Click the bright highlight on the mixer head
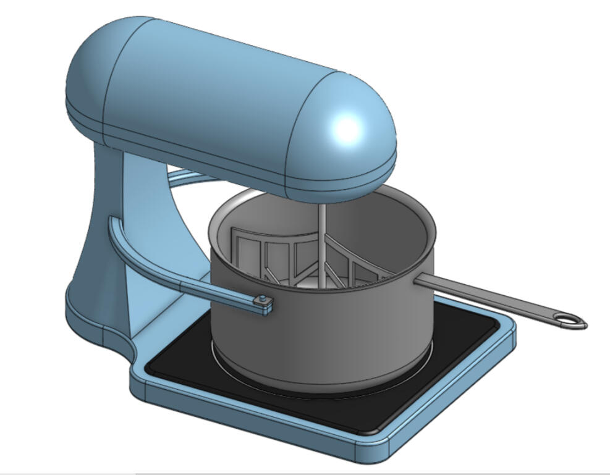348,128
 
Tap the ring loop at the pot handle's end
570,320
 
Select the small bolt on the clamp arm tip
265,300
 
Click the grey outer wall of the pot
309,334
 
